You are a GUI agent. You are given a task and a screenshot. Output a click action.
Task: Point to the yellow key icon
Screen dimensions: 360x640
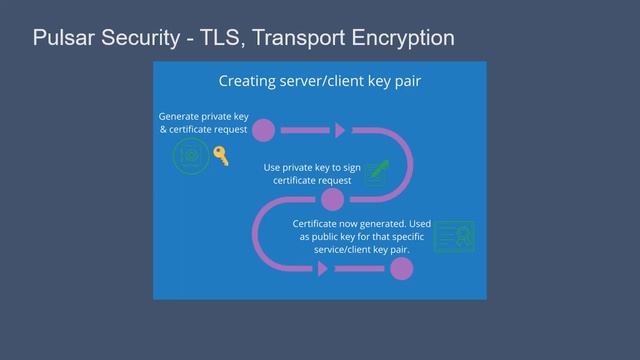221,155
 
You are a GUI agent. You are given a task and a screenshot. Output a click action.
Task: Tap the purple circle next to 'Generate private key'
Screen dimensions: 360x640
263,130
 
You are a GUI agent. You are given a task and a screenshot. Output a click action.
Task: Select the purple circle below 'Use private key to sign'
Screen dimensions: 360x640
333,199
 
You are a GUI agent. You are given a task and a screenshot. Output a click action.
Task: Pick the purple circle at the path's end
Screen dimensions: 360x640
401,268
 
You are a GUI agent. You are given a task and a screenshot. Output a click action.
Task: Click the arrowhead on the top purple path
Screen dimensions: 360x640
340,130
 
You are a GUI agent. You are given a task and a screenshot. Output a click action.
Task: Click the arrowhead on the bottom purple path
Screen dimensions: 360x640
322,268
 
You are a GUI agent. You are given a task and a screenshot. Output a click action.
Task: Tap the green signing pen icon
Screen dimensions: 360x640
377,172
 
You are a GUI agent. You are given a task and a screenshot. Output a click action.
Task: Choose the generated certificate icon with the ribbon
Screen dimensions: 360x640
454,237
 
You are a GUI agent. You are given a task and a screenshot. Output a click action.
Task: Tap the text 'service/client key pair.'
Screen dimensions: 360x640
368,249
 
